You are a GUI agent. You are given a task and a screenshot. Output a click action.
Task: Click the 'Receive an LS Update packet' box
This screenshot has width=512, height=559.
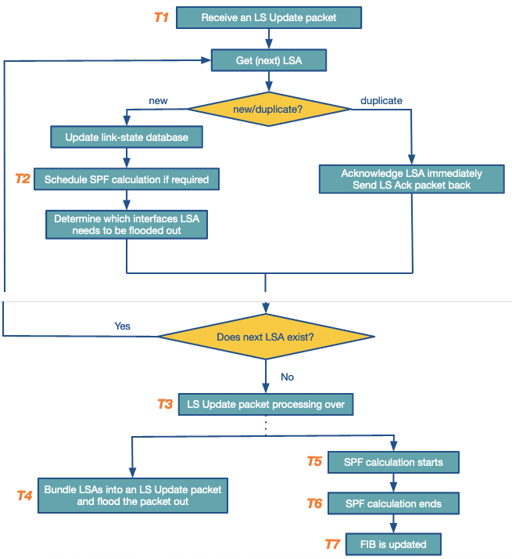tap(269, 17)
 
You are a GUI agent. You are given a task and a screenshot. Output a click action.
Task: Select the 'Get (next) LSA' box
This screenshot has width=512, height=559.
tap(269, 60)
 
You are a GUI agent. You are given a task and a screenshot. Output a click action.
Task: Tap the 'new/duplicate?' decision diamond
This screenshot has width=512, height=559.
tap(268, 110)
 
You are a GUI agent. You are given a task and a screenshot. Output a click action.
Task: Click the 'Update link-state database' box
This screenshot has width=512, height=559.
tap(127, 138)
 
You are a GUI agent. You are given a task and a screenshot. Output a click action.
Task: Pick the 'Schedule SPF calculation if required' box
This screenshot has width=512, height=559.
tap(127, 179)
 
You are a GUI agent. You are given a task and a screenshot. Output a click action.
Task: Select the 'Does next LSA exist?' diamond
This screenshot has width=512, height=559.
tap(267, 337)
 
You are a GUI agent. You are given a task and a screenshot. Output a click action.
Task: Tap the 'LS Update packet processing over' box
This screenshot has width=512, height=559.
tap(267, 405)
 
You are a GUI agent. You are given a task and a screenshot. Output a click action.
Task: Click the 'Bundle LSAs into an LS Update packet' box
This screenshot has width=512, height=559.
tap(133, 496)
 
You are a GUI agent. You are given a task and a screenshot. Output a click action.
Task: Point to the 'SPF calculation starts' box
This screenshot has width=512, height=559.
tap(393, 462)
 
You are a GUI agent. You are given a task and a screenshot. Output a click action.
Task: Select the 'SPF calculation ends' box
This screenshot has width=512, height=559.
tap(393, 503)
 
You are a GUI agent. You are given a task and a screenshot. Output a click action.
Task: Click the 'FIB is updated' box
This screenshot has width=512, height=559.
tap(393, 544)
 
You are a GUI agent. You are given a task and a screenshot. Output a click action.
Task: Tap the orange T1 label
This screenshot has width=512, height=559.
tap(161, 17)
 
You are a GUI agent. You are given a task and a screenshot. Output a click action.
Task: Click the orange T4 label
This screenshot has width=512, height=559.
tap(25, 496)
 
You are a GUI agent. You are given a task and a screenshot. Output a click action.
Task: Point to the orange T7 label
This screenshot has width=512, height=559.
tap(333, 544)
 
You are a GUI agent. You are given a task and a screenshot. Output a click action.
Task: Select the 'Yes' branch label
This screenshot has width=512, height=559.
tap(122, 326)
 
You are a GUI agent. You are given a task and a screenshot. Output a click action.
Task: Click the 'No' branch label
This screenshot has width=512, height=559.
tap(287, 377)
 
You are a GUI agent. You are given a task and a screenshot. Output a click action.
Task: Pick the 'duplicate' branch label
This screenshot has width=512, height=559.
tap(381, 101)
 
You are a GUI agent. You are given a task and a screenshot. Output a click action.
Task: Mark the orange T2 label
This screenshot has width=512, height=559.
tap(23, 179)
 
